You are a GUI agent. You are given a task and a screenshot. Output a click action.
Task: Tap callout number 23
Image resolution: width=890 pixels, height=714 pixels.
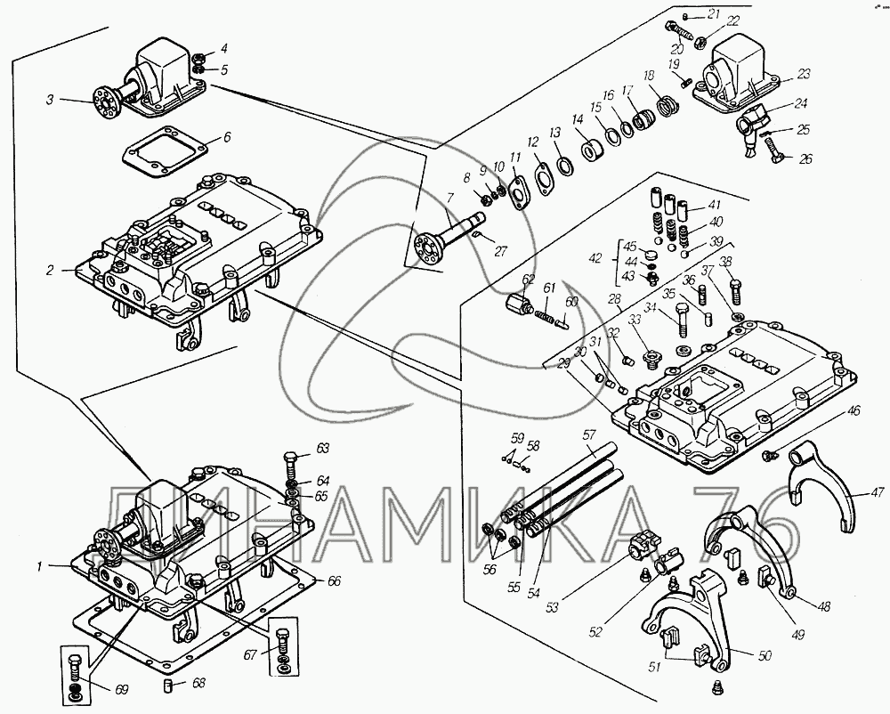pos(805,74)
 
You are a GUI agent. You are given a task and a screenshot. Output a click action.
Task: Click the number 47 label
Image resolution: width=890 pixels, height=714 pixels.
pos(878,492)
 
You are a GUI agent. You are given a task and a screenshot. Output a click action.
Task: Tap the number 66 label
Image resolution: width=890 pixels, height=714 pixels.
pos(335,580)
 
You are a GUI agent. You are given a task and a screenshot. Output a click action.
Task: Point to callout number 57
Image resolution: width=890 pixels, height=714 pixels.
pos(588,434)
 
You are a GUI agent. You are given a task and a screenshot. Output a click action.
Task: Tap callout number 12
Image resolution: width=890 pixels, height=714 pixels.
pos(533,142)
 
